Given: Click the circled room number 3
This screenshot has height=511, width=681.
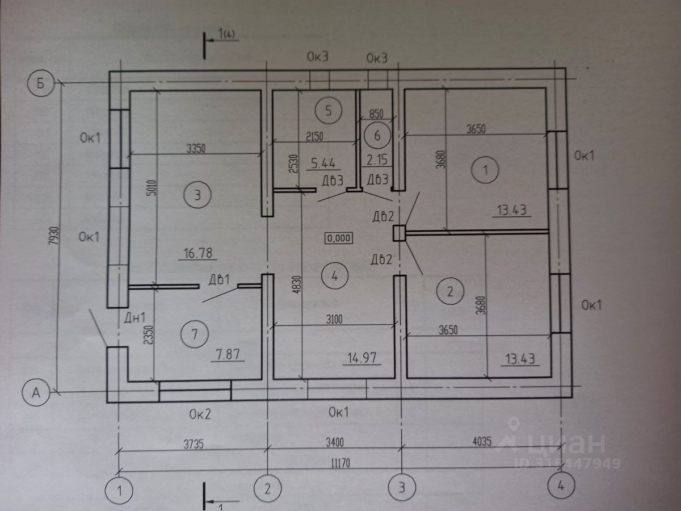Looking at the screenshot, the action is [x=197, y=195].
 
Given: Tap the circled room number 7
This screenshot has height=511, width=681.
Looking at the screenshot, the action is [x=194, y=334].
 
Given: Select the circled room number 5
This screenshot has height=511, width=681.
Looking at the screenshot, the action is [x=329, y=110].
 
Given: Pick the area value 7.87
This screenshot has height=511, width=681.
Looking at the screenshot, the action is [x=229, y=356].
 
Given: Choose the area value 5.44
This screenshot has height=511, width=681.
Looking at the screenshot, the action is [x=323, y=165].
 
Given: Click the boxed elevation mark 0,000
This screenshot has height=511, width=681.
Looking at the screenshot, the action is [x=339, y=238].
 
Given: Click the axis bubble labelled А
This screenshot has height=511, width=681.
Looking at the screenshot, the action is [x=36, y=391].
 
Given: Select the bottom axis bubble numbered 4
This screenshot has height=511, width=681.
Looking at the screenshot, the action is [x=561, y=487].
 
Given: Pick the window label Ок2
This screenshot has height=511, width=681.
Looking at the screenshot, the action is [x=200, y=413].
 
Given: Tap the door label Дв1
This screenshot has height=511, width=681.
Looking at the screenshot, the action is [x=218, y=279].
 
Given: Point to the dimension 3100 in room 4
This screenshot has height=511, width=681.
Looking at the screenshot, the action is [x=334, y=320].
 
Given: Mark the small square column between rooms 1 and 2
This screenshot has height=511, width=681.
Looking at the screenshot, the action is [x=400, y=233].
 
